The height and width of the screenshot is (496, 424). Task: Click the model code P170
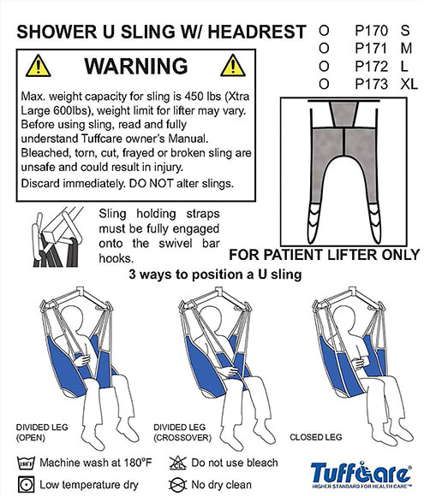[371, 31]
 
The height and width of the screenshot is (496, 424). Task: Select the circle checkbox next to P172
[324, 67]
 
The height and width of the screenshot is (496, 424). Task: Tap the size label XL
[409, 84]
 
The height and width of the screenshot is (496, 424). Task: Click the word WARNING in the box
[136, 66]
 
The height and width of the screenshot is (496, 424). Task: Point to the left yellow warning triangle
[38, 66]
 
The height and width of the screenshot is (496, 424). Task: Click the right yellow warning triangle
[233, 66]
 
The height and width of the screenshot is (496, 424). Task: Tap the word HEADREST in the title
[257, 32]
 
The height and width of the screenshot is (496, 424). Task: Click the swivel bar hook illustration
[57, 237]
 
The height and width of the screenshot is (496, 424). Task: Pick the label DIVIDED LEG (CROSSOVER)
[182, 433]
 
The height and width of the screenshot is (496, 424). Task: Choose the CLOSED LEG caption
[316, 437]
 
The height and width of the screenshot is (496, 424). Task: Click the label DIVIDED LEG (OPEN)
[42, 433]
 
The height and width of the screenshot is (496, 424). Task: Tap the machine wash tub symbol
[26, 463]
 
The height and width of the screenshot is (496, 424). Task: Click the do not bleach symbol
[178, 464]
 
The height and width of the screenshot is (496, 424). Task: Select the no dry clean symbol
[178, 484]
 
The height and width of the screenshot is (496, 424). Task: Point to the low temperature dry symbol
[26, 484]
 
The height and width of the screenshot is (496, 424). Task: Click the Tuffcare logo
[361, 475]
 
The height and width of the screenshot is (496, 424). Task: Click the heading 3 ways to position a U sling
[215, 274]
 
